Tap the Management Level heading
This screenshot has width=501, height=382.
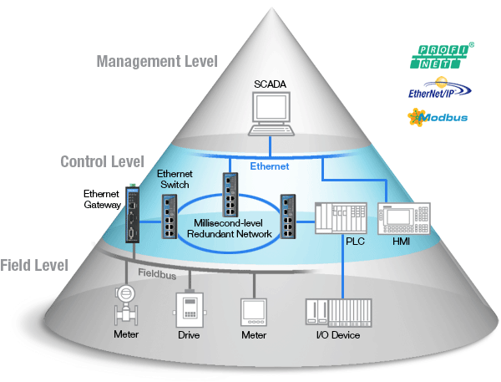[x=157, y=61]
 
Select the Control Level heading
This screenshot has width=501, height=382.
[x=102, y=161]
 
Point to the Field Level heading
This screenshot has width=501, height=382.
[x=35, y=267]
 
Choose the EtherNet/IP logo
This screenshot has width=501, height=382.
[x=434, y=88]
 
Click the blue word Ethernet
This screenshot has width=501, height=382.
[x=270, y=166]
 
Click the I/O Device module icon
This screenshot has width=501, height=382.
[x=337, y=312]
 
